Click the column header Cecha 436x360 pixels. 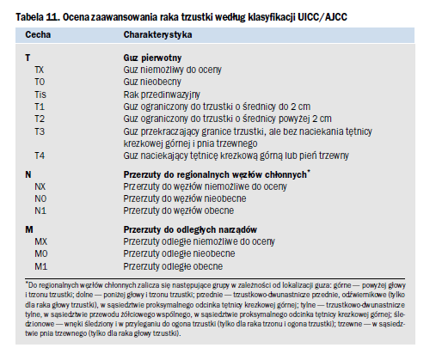(x=38, y=34)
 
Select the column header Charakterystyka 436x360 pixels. (x=157, y=34)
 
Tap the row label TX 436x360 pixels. (x=40, y=70)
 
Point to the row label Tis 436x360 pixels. (x=40, y=95)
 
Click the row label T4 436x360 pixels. (x=40, y=156)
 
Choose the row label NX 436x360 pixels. (x=40, y=186)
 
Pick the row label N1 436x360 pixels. (x=40, y=211)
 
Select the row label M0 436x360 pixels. (x=41, y=253)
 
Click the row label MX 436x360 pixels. (x=41, y=241)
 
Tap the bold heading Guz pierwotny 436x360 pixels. (x=152, y=58)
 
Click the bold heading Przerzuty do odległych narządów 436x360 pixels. (x=190, y=229)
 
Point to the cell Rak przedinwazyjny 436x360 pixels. (x=162, y=95)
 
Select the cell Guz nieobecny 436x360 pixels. (x=152, y=82)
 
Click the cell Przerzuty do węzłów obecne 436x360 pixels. (x=179, y=211)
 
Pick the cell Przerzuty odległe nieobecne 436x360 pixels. (x=179, y=253)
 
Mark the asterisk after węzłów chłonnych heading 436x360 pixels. (x=309, y=172)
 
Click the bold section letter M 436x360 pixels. (x=29, y=229)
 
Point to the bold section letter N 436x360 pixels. (x=28, y=174)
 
